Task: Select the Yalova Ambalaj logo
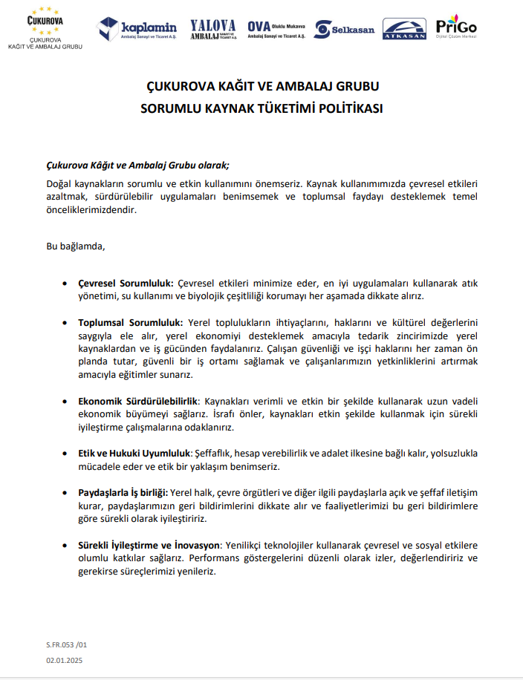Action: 212,29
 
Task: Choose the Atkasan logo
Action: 404,28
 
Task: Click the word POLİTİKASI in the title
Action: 346,108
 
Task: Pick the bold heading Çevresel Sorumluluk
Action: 126,283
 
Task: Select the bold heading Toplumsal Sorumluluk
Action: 130,322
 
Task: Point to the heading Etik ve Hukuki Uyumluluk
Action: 134,453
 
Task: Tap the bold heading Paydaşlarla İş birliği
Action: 123,492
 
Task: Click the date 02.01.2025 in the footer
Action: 63,658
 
